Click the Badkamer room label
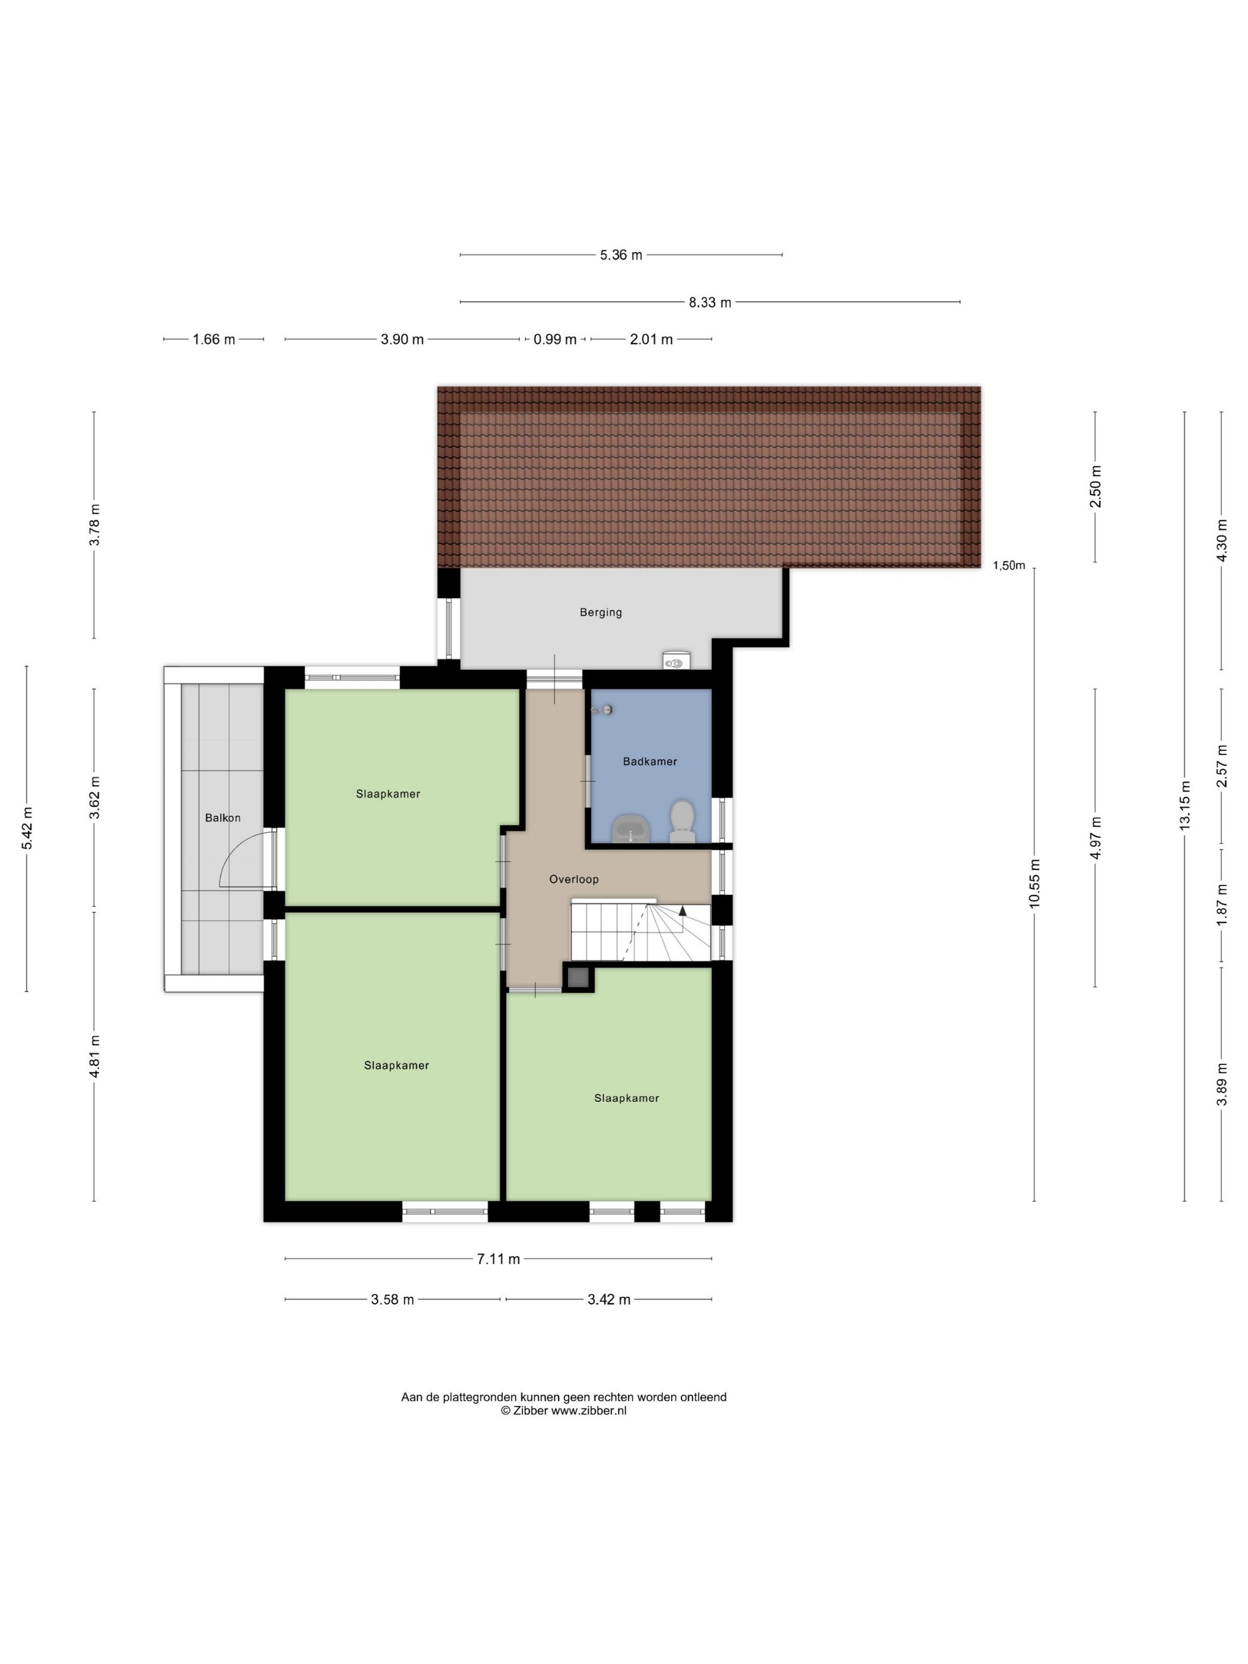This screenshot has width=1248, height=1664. coord(649,761)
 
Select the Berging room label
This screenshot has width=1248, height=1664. coord(600,612)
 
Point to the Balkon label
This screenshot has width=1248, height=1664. coord(223,818)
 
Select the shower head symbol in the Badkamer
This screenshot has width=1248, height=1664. coord(603,710)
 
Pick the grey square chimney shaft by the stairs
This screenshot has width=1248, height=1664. coord(578,978)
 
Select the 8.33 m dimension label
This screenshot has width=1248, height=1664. coord(710,302)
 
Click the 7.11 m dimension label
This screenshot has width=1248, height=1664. coord(498,1259)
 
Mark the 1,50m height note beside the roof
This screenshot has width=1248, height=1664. coord(1009,566)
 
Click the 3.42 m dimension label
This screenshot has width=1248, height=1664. coord(609,1299)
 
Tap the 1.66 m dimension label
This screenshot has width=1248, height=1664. coord(213,339)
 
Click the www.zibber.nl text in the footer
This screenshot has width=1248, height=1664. coord(589,1411)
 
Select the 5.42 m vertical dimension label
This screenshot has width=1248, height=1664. coord(27,828)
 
